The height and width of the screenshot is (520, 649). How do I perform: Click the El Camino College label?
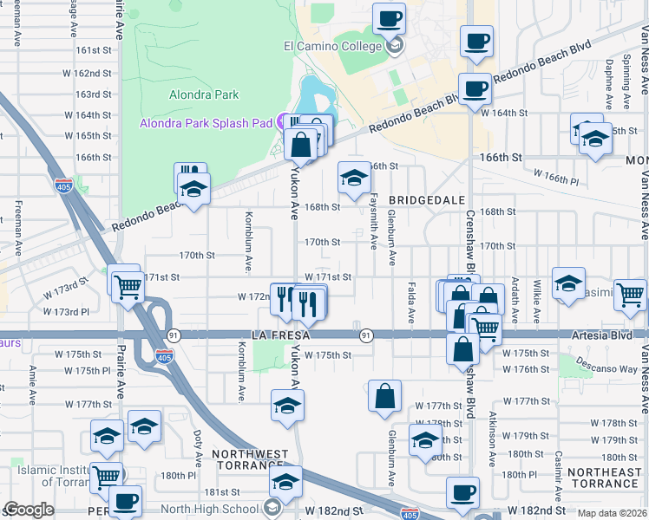(331, 46)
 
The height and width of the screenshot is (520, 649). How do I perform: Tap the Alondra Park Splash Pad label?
(206, 123)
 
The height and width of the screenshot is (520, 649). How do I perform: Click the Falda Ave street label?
(410, 302)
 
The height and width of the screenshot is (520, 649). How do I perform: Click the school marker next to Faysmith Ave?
(353, 178)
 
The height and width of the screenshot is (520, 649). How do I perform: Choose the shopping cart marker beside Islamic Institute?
(106, 475)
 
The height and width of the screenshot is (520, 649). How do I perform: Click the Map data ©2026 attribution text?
(613, 513)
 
